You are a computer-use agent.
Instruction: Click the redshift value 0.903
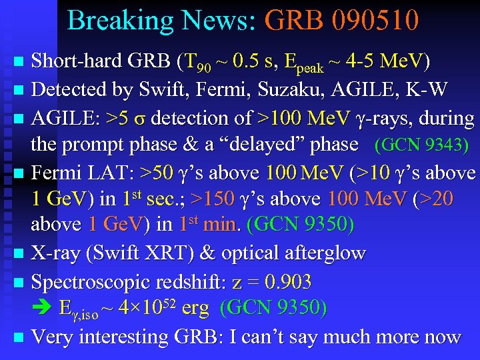tap(287, 281)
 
